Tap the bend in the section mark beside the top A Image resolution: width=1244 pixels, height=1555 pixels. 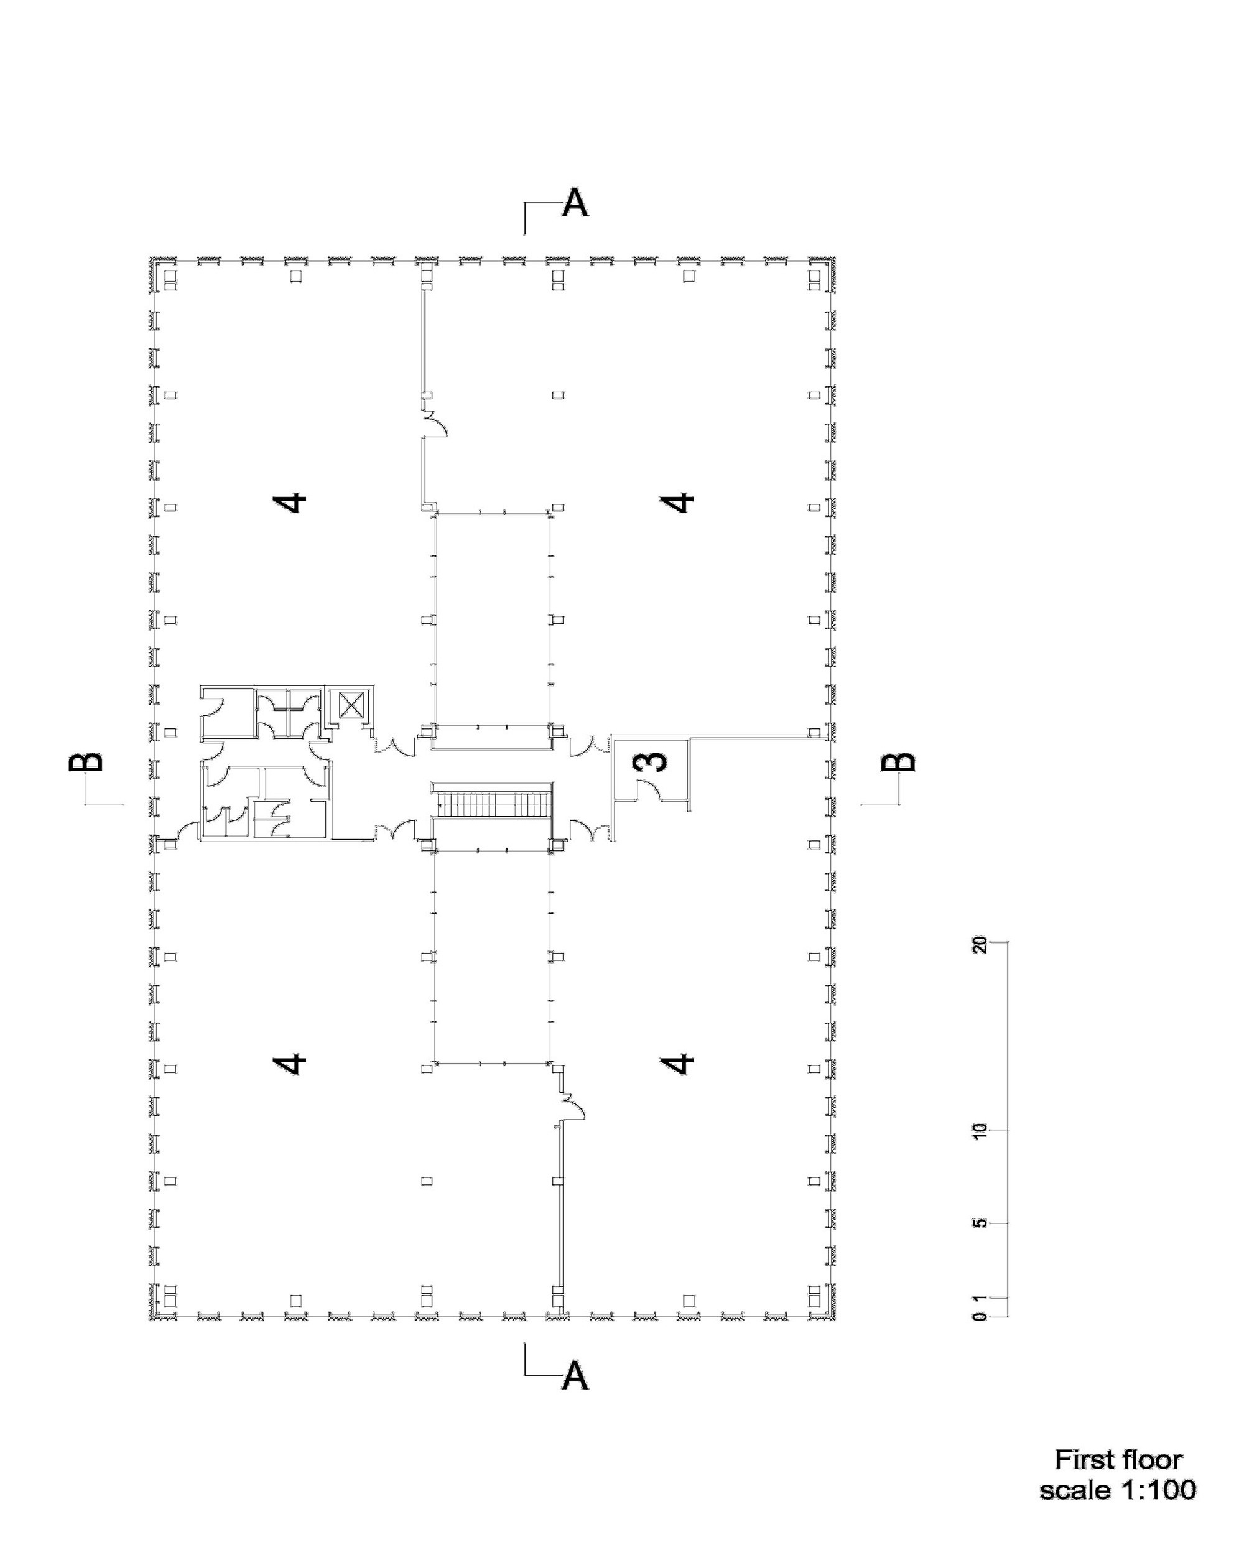click(524, 204)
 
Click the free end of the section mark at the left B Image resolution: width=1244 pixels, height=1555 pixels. click(124, 804)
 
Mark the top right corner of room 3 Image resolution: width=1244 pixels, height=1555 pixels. click(690, 736)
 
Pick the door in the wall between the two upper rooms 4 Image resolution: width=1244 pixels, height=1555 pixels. click(435, 425)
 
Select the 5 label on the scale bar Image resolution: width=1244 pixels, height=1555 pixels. click(978, 1224)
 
